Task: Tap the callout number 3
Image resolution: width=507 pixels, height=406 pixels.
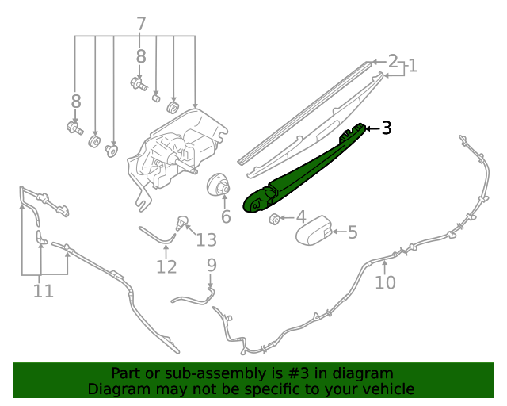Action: [x=386, y=128]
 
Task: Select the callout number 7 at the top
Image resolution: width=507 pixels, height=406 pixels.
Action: [x=141, y=24]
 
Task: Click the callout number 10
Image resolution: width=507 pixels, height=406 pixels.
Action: [x=385, y=282]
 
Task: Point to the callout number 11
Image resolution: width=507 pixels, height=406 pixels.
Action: [x=44, y=291]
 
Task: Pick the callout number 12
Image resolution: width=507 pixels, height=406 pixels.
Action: [x=166, y=266]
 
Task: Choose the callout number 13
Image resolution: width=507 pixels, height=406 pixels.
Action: [x=206, y=239]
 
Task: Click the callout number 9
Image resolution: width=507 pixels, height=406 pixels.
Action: [x=212, y=265]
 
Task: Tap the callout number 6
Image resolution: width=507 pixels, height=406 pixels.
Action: [x=226, y=216]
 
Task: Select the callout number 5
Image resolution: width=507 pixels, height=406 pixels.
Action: [x=353, y=232]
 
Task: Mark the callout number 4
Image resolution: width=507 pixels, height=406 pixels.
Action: [x=300, y=216]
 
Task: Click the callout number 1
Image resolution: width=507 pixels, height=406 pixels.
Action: [x=412, y=67]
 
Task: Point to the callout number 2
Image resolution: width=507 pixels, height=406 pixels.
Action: [x=392, y=60]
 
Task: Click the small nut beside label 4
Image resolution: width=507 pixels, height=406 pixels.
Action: [x=273, y=217]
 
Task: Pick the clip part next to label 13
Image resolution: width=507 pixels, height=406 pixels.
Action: [x=183, y=221]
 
